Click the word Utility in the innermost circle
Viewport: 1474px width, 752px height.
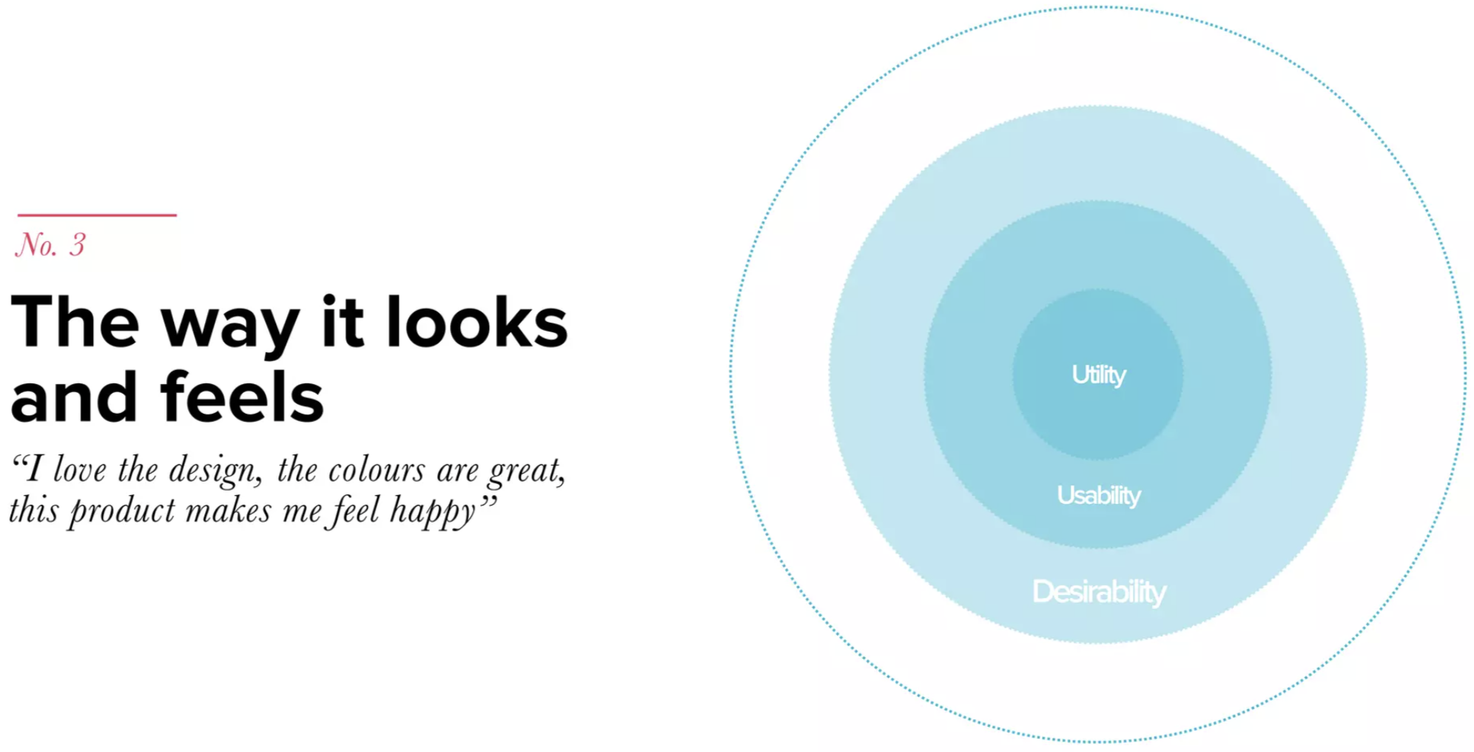[x=1099, y=375]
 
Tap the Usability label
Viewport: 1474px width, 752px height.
[x=1099, y=495]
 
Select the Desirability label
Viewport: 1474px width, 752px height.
[x=1099, y=592]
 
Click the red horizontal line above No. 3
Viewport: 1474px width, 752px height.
[x=97, y=215]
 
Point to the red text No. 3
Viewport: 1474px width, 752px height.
[x=50, y=245]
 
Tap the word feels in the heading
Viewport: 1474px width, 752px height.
[x=242, y=397]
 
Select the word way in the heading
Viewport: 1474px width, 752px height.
[x=230, y=330]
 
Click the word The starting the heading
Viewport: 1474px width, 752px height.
[x=75, y=322]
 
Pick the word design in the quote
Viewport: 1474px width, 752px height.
[x=215, y=471]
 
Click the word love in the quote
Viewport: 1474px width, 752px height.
[x=80, y=470]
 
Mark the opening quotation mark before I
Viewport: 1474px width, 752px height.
[x=18, y=461]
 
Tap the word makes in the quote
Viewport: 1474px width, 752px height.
[x=229, y=511]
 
